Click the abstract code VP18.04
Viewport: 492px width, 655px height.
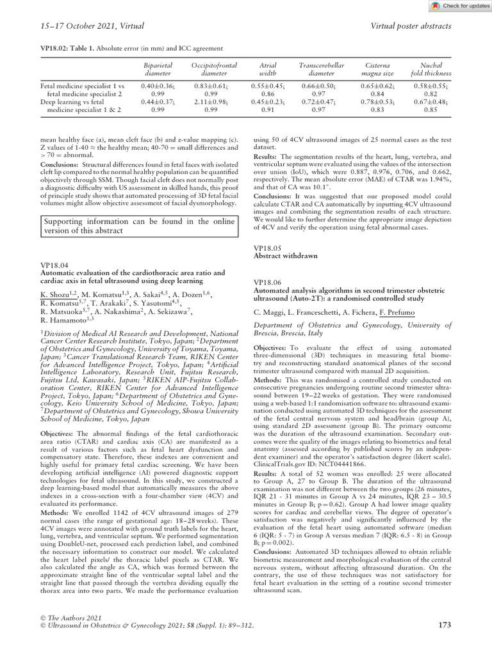pos(56,264)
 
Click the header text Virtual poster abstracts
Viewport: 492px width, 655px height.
pos(411,26)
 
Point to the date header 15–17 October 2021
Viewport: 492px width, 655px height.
pos(83,26)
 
